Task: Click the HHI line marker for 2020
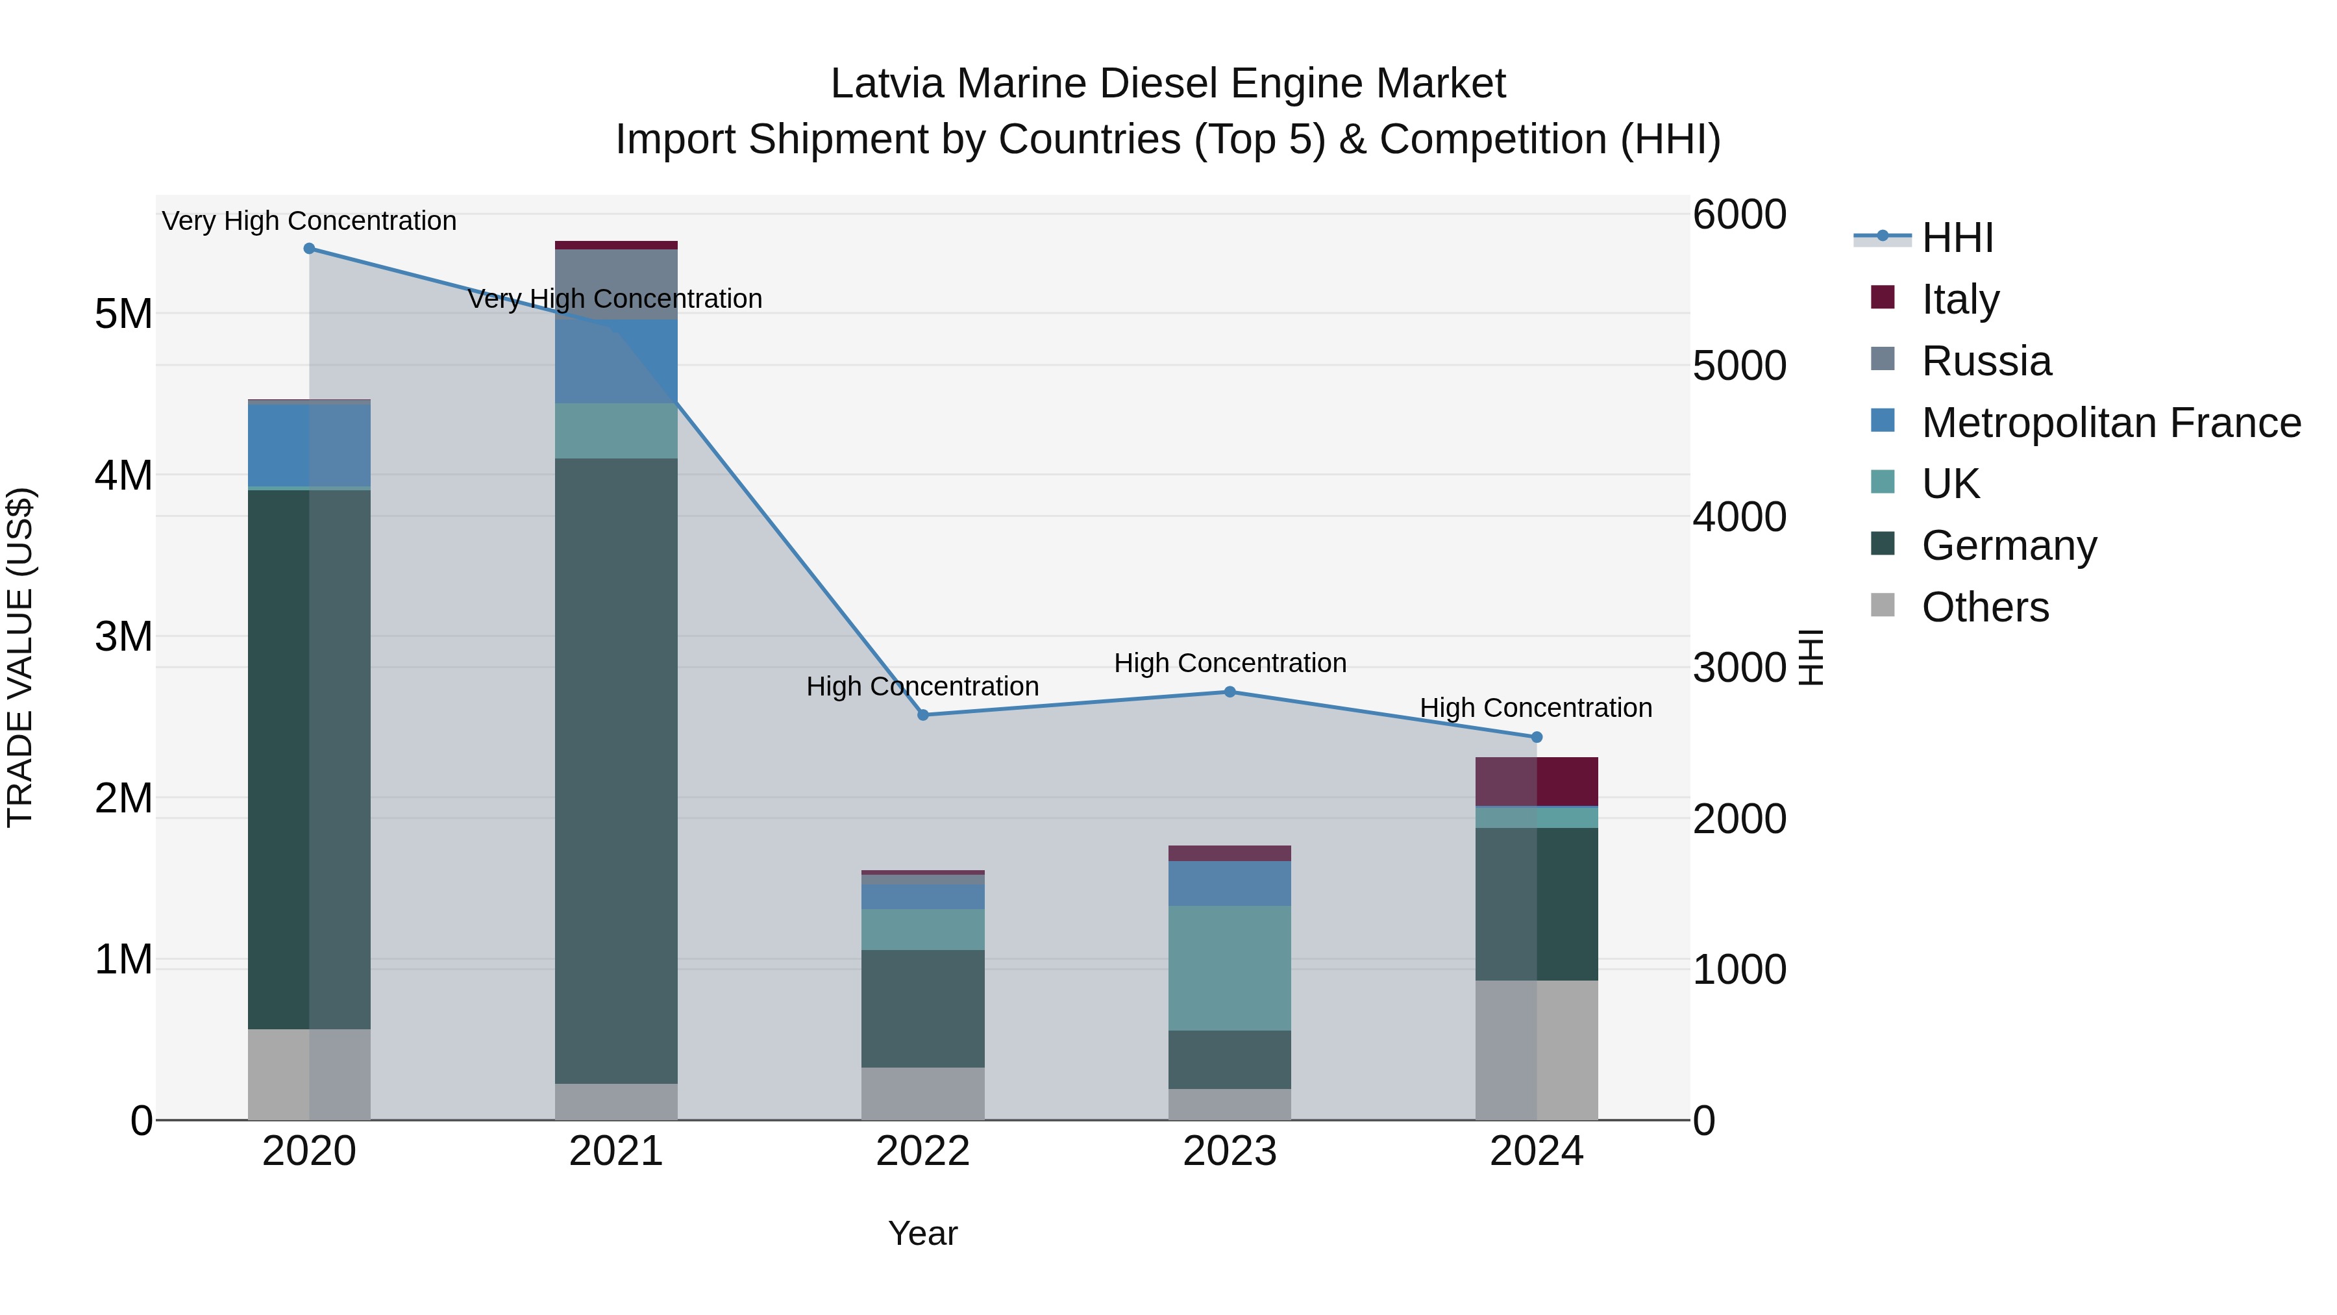tap(310, 249)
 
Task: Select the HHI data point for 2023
tap(1230, 692)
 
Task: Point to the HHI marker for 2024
tap(1537, 738)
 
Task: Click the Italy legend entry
tap(1960, 299)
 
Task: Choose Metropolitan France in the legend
tap(2110, 423)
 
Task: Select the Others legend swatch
tap(1883, 605)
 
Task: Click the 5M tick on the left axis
tap(123, 314)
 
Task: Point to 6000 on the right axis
tap(1739, 215)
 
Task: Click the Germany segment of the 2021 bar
tap(616, 771)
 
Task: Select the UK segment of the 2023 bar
tap(1230, 968)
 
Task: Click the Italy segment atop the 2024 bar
tap(1537, 781)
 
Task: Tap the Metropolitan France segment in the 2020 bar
tap(310, 445)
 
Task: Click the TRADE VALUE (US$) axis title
tap(20, 657)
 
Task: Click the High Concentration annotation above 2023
tap(1230, 664)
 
